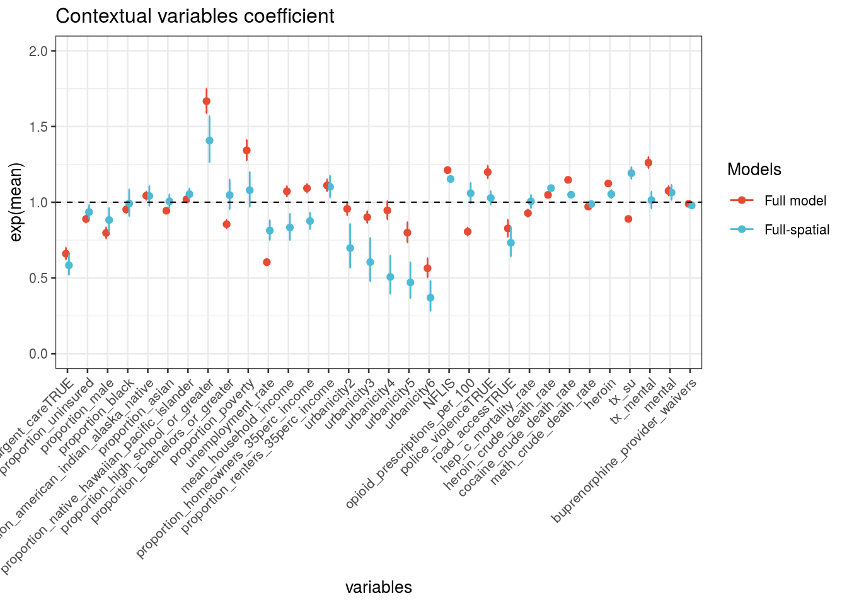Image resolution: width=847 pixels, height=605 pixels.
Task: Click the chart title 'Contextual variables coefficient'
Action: (195, 16)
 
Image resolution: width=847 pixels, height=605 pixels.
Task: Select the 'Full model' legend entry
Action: (795, 200)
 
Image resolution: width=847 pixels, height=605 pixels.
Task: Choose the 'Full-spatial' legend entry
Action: (797, 230)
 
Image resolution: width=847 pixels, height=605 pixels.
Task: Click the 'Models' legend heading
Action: (754, 170)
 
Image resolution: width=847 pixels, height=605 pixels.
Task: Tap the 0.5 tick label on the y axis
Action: (38, 278)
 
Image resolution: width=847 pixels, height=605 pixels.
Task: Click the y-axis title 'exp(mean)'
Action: (16, 202)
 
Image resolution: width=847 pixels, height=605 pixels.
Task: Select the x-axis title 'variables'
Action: (378, 587)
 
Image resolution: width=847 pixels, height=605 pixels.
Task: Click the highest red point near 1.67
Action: (206, 101)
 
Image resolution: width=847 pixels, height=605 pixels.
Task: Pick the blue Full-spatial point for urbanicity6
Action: (430, 297)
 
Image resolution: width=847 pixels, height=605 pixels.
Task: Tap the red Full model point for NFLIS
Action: (447, 170)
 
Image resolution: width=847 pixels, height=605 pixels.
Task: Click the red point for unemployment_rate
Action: (267, 262)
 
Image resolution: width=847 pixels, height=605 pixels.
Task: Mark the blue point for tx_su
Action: (631, 173)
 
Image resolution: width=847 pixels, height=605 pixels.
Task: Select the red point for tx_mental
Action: (648, 163)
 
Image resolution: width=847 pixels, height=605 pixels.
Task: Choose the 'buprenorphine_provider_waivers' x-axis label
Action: (624, 451)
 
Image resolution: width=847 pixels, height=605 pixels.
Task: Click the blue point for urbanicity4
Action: (390, 277)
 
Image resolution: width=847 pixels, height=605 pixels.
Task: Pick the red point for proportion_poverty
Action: (246, 150)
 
